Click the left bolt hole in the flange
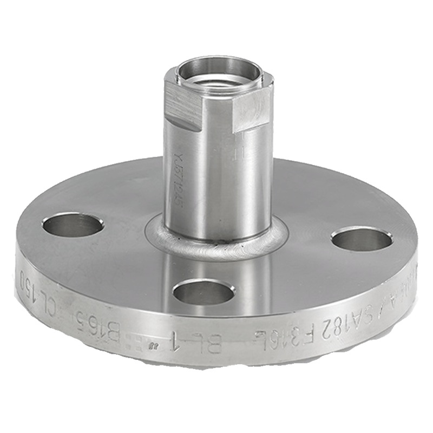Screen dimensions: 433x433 (x=73, y=225)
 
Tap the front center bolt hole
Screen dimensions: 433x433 (x=204, y=292)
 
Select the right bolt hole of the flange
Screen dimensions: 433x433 (x=362, y=239)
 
